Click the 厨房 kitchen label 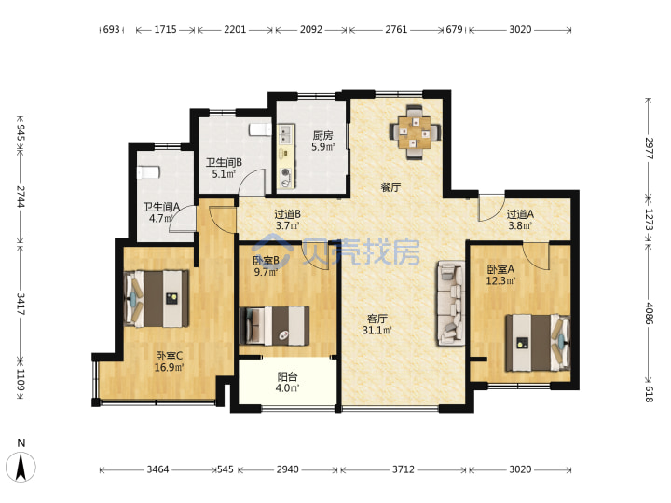[322, 136]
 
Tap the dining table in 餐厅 [415, 132]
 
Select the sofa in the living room [451, 303]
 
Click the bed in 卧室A [538, 343]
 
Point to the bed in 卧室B [275, 325]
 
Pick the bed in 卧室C [157, 299]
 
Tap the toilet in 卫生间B [260, 129]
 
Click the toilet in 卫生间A [148, 172]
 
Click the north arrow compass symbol [21, 467]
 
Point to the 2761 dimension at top [396, 30]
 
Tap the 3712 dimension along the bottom [404, 469]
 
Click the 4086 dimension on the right [650, 314]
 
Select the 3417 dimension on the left [21, 304]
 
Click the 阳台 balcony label [287, 377]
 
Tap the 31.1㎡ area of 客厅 [377, 330]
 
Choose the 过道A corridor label [520, 214]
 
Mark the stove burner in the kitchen [285, 173]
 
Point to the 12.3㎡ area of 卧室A [500, 281]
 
